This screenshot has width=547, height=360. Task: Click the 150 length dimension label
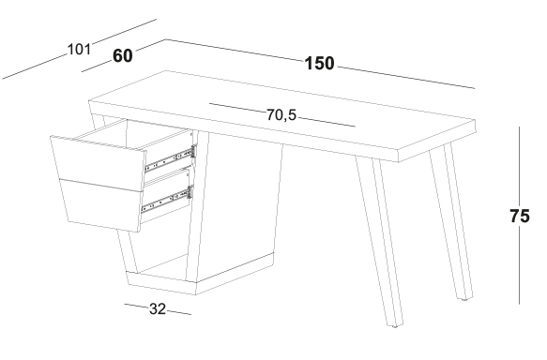(319, 64)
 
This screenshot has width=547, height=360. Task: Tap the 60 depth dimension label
(123, 55)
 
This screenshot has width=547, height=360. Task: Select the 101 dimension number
(79, 49)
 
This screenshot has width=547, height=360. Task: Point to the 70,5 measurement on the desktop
(281, 114)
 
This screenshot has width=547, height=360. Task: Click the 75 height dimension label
(520, 216)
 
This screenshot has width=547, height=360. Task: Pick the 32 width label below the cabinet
(158, 308)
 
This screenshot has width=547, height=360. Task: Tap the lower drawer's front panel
(101, 205)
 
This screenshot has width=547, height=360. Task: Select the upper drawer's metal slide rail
(170, 158)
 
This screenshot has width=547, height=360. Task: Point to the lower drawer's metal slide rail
(167, 200)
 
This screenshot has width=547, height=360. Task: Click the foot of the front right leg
(395, 326)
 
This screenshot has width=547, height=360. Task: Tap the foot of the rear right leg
(464, 299)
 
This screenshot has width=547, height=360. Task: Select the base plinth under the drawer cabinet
(199, 278)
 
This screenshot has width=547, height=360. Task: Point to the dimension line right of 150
(406, 78)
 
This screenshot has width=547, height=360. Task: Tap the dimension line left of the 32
(136, 306)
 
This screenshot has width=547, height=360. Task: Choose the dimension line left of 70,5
(237, 108)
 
